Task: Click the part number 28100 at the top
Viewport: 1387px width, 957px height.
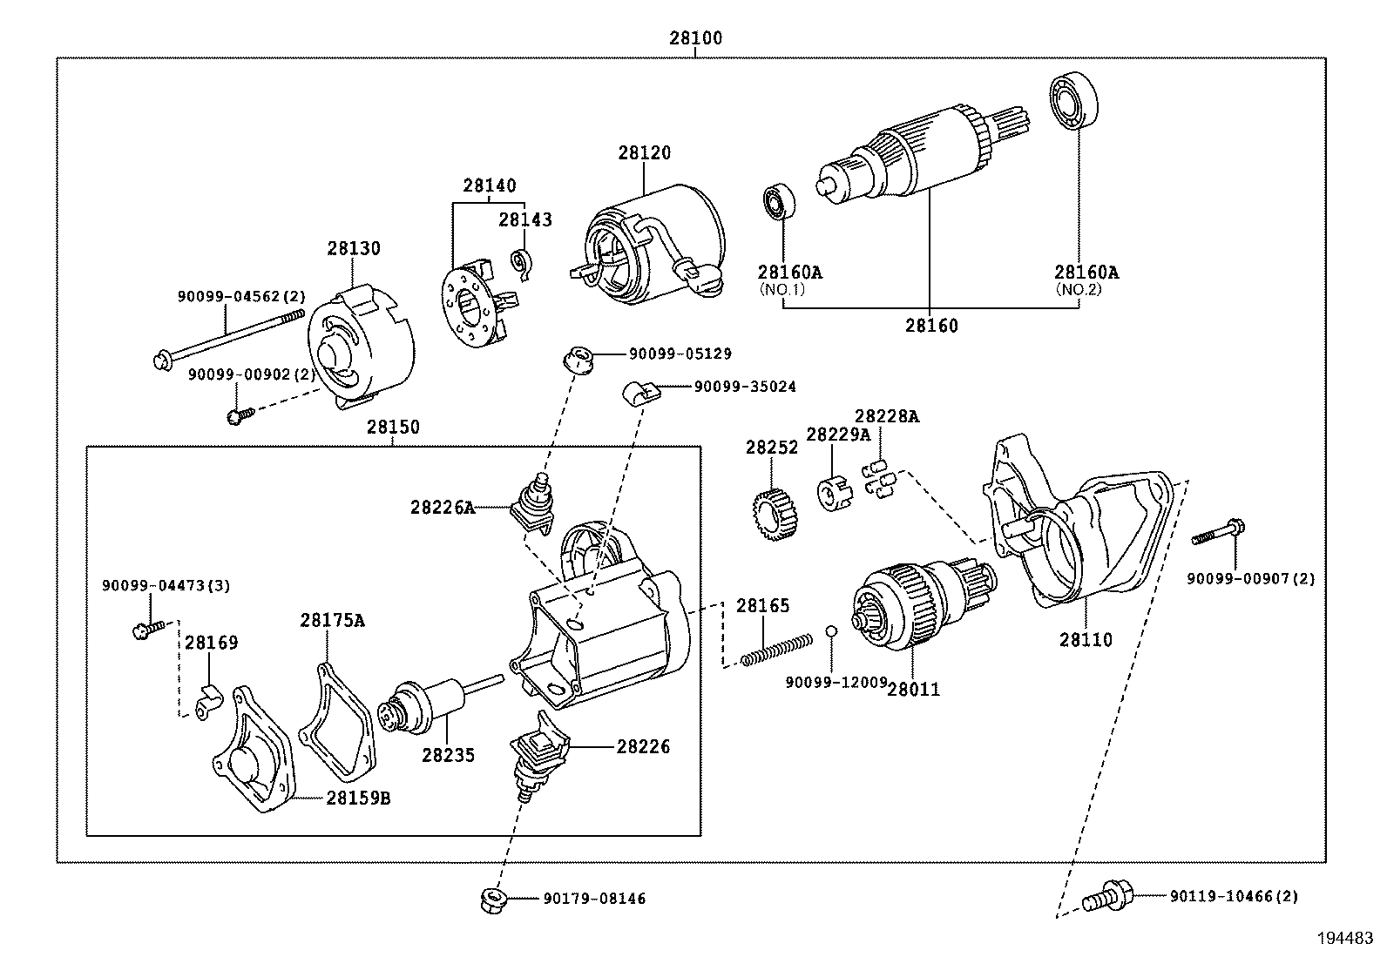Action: pyautogui.click(x=695, y=39)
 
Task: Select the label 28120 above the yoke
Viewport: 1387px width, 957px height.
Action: pyautogui.click(x=645, y=153)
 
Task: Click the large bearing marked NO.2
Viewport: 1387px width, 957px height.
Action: pyautogui.click(x=1072, y=102)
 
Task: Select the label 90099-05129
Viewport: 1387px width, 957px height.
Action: pyautogui.click(x=680, y=354)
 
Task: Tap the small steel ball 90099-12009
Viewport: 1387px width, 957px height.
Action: pyautogui.click(x=832, y=630)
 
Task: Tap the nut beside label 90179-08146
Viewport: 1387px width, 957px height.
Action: pyautogui.click(x=494, y=899)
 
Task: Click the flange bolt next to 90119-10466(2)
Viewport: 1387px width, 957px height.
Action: pyautogui.click(x=1108, y=895)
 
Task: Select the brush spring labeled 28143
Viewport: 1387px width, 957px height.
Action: pyautogui.click(x=522, y=264)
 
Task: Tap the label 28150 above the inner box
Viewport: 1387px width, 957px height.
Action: pyautogui.click(x=392, y=428)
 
